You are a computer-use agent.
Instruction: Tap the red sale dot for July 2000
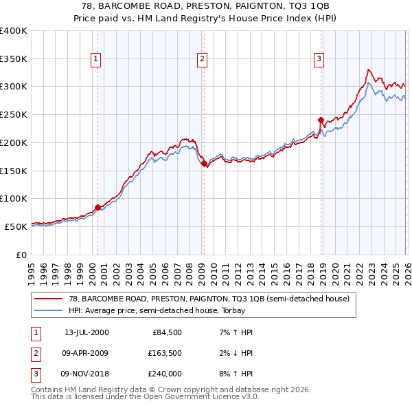(x=98, y=207)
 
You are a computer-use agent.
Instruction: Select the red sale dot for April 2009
(x=204, y=163)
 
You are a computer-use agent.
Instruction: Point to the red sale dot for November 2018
(x=321, y=120)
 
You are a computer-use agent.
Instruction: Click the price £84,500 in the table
(x=167, y=332)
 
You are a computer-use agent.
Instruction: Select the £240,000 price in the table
(x=164, y=374)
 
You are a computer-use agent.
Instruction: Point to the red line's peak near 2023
(x=369, y=69)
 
